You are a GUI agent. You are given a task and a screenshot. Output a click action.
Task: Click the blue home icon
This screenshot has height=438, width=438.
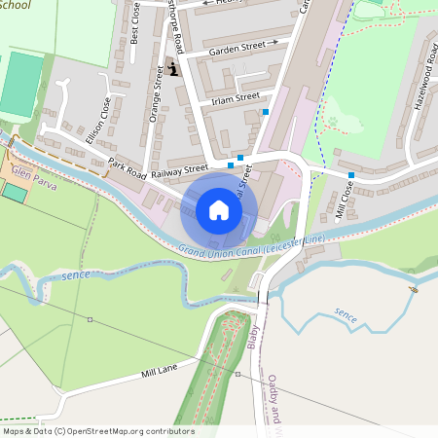pyautogui.click(x=219, y=210)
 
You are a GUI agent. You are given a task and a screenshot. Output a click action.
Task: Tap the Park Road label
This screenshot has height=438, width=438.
pyautogui.click(x=127, y=168)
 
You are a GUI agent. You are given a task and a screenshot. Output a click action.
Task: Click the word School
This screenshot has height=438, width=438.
pyautogui.click(x=16, y=5)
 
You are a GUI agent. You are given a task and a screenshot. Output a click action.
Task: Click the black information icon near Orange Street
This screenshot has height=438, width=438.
pyautogui.click(x=174, y=69)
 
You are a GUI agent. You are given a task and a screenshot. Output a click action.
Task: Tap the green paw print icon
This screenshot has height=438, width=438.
pyautogui.click(x=334, y=124)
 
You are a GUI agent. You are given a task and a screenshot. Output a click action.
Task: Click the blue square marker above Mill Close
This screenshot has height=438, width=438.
pyautogui.click(x=350, y=175)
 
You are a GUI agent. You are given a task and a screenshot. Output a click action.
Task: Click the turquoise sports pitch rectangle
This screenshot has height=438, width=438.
pyautogui.click(x=21, y=86)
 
